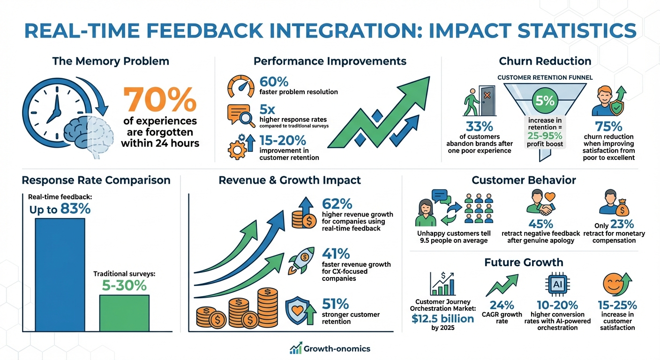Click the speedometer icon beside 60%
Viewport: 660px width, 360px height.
[x=241, y=86]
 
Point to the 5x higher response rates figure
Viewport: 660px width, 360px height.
[x=267, y=110]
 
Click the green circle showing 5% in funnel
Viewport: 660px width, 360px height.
[x=545, y=101]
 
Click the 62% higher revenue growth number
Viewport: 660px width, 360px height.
[x=337, y=204]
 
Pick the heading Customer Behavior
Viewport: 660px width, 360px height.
[x=524, y=180]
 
